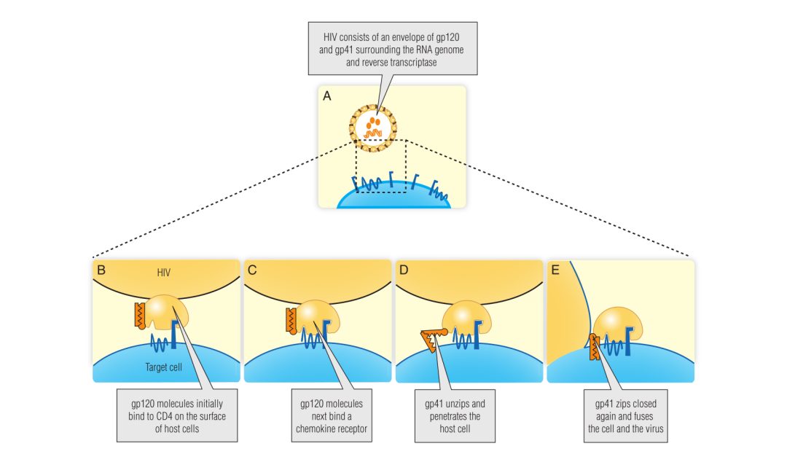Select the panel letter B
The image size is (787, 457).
click(x=101, y=270)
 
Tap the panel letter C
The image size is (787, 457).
click(x=253, y=270)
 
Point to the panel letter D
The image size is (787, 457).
click(x=404, y=270)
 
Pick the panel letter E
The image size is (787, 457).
click(x=556, y=270)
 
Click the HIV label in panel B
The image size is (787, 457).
click(x=165, y=273)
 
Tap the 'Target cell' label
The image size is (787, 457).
click(x=163, y=367)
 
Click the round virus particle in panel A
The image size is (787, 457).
click(x=373, y=126)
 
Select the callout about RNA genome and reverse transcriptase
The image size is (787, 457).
click(x=394, y=47)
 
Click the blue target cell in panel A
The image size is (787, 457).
click(x=393, y=198)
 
